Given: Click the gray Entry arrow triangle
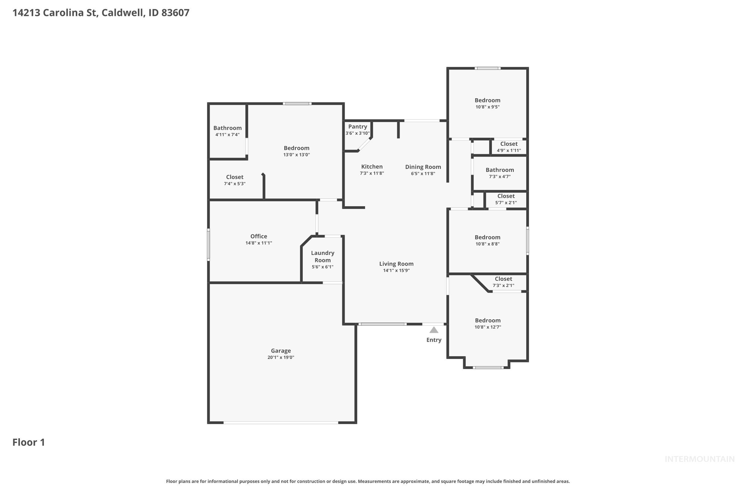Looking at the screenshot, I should pos(433,330).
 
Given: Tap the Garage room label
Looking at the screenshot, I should pos(281,351).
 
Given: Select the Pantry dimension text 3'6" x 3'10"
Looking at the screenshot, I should pos(357,133).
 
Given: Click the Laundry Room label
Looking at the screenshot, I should pos(322,257).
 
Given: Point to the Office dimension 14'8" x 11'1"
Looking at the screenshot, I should pos(259,243).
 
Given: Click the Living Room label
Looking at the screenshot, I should pos(396,264).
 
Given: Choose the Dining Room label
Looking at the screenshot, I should pos(423,167).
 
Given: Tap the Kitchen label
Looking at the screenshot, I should pos(372,167).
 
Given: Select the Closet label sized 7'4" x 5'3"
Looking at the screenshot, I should pos(234,177).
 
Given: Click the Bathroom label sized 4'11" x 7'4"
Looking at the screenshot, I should pos(227,128).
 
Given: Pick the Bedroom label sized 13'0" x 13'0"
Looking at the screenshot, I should pos(296,148).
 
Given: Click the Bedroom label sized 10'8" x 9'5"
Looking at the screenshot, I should pos(487,100).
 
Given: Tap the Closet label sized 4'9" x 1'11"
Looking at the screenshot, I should pos(508,144).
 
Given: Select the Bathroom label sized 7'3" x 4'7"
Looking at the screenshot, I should pos(500,170).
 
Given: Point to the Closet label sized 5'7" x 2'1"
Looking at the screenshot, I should pos(506,196).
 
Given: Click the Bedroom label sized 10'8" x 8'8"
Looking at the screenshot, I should pos(487,237).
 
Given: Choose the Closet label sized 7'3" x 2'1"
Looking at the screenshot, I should pos(503,279).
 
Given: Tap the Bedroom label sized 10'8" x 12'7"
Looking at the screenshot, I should pos(488,320).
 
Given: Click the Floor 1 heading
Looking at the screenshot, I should pos(29,442).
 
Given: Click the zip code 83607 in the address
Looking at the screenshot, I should pos(175,13).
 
